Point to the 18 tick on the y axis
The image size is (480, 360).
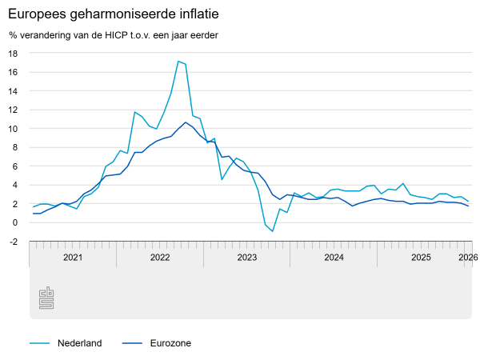pos(13,53)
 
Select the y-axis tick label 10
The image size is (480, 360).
pos(13,128)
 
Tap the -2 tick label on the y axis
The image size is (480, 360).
pos(13,242)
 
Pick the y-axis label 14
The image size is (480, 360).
pos(13,90)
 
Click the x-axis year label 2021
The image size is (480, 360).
pos(73,257)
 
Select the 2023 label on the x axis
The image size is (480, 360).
pos(247,257)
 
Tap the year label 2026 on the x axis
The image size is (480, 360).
pos(467,257)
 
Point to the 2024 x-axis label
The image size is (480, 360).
pos(334,257)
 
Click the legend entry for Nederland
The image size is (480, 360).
pos(79,343)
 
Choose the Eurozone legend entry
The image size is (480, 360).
pos(170,343)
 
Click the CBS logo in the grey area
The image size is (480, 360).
pos(46,298)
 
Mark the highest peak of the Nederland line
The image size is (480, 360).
pos(178,62)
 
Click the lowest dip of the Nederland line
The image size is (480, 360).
pos(273,231)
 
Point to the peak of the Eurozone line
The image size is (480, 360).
pos(186,122)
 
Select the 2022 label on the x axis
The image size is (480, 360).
pos(160,257)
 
